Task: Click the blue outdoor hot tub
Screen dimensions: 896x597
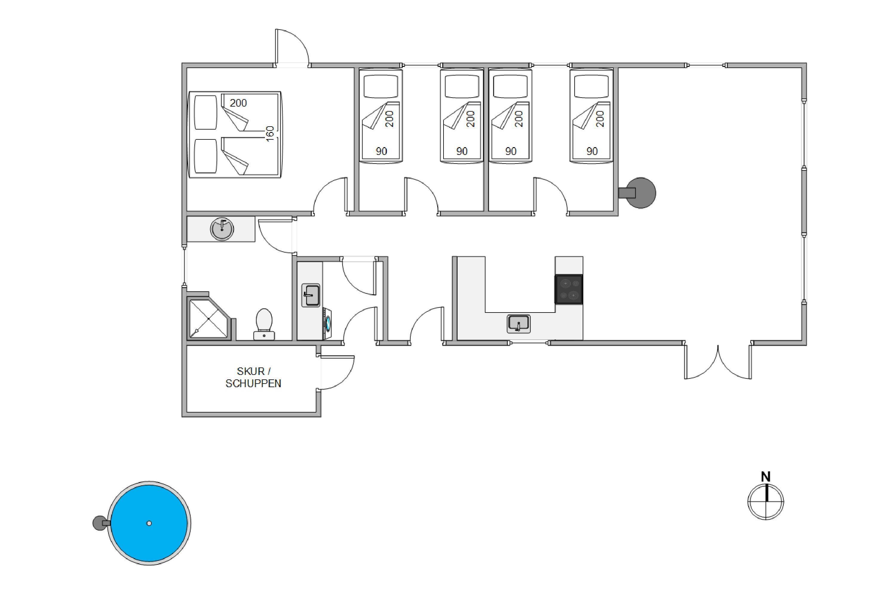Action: pyautogui.click(x=149, y=523)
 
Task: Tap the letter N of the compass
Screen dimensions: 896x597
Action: pyautogui.click(x=766, y=477)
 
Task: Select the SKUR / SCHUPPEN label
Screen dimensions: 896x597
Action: pyautogui.click(x=253, y=377)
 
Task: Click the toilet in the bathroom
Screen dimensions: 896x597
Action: pyautogui.click(x=264, y=324)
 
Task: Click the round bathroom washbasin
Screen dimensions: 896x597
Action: pyautogui.click(x=222, y=229)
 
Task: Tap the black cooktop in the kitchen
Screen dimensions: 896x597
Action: pyautogui.click(x=569, y=289)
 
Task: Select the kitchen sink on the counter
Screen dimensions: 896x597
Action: pyautogui.click(x=518, y=324)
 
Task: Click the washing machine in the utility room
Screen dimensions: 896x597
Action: pyautogui.click(x=327, y=324)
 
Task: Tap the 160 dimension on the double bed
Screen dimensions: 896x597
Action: pyautogui.click(x=270, y=134)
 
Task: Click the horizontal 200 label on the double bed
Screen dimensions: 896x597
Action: pyautogui.click(x=238, y=103)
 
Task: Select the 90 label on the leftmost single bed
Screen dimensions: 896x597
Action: pyautogui.click(x=381, y=151)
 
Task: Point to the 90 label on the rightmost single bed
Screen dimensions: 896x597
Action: pyautogui.click(x=592, y=151)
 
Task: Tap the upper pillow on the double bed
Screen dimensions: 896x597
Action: pyautogui.click(x=206, y=112)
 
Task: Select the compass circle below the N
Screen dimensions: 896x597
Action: pyautogui.click(x=766, y=502)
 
